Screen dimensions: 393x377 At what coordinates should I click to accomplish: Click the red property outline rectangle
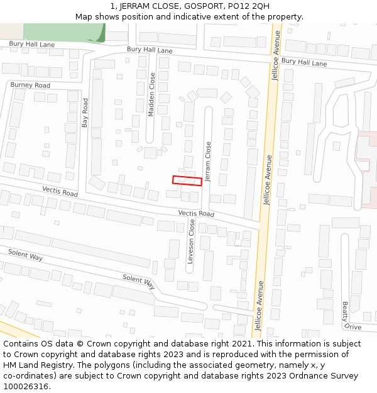pos(187,180)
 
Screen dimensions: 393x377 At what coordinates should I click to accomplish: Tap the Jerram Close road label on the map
pos(209,157)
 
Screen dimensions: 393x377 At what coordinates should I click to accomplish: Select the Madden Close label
pos(151,94)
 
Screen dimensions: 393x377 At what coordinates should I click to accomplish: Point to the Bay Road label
pos(85,113)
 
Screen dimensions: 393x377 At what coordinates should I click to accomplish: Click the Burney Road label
pos(30,85)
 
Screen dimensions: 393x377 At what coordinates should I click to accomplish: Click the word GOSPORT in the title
pos(203,6)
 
